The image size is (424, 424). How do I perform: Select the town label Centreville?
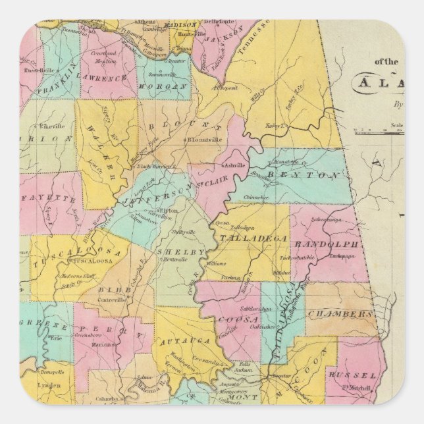point(112,300)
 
